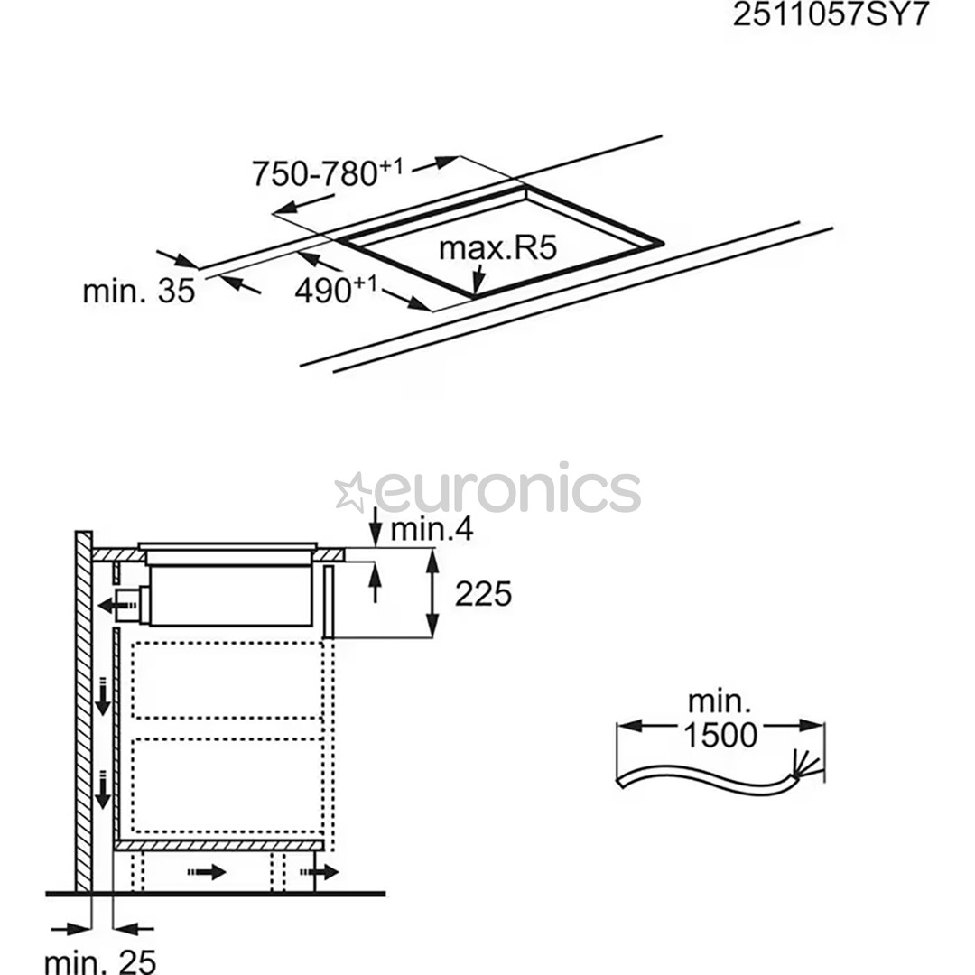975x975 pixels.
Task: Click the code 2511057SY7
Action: pyautogui.click(x=830, y=15)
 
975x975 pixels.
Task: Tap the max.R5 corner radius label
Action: pyautogui.click(x=487, y=248)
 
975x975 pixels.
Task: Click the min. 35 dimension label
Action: pyautogui.click(x=138, y=291)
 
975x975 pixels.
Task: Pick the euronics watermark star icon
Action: pyautogui.click(x=352, y=492)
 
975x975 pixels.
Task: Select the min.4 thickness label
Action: pyautogui.click(x=432, y=529)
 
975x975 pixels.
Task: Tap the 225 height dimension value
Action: pyautogui.click(x=483, y=593)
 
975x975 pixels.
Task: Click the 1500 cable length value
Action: pyautogui.click(x=720, y=736)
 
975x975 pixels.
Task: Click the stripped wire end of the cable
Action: pyautogui.click(x=806, y=768)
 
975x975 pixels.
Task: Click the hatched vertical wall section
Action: pyautogui.click(x=83, y=713)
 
